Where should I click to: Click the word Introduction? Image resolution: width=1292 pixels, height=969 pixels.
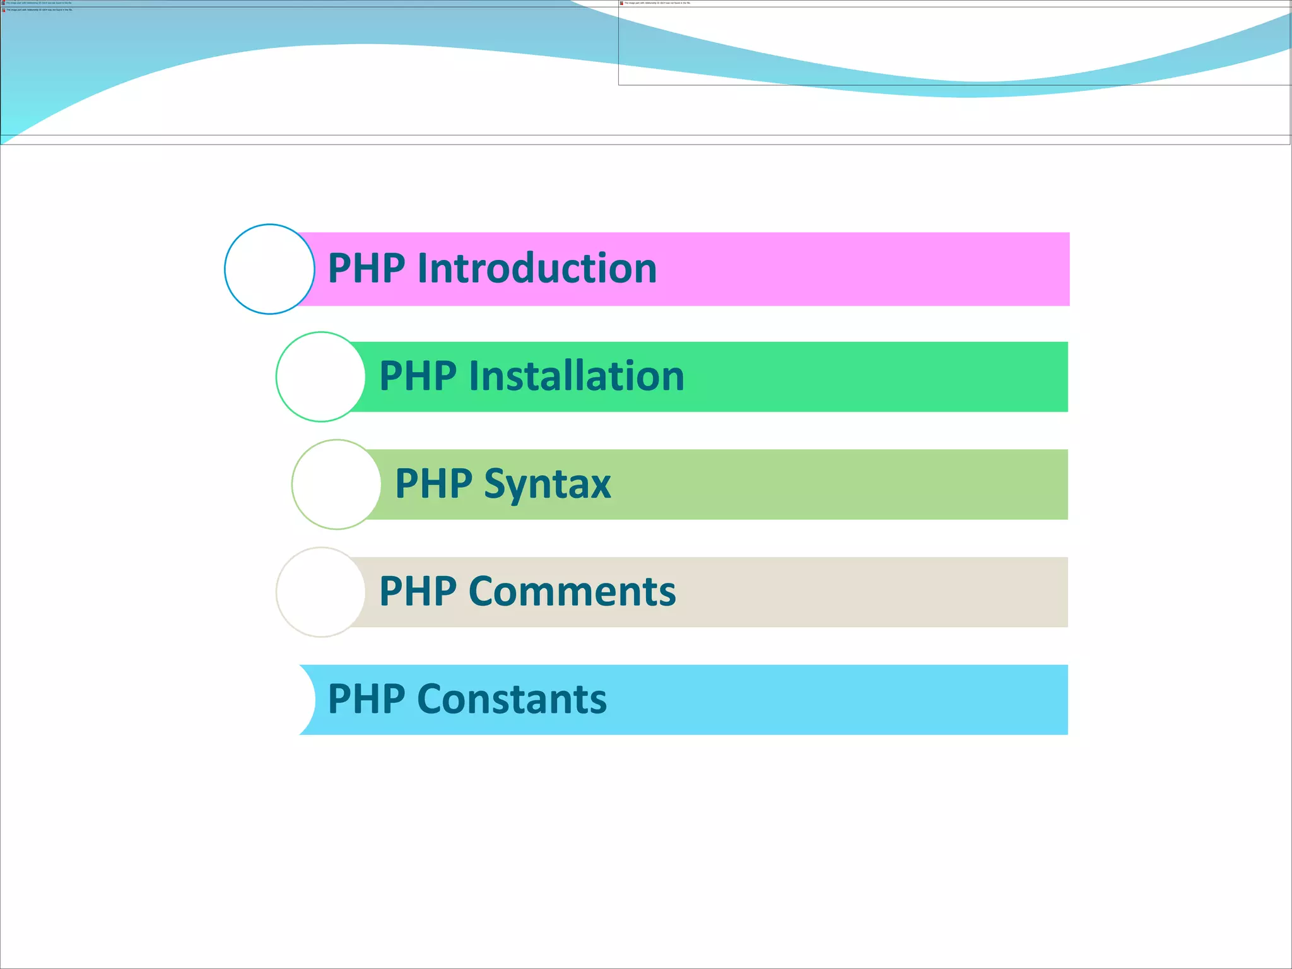[537, 268]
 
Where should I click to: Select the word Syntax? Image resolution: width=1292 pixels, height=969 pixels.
[547, 484]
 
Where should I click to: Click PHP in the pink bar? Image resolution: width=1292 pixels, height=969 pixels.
[367, 268]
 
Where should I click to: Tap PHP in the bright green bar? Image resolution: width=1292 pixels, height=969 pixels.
[418, 376]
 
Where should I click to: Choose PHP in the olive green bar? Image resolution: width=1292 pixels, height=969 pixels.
[433, 484]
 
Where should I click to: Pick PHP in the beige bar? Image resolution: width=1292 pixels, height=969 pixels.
[418, 592]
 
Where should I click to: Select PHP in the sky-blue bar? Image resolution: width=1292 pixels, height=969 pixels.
[367, 699]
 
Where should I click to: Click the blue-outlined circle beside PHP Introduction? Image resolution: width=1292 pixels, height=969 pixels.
[269, 269]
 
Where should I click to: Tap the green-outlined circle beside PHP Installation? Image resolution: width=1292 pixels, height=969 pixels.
[320, 377]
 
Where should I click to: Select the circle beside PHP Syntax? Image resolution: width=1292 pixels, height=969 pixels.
[336, 484]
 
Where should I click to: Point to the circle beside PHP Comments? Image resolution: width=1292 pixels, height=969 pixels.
[320, 592]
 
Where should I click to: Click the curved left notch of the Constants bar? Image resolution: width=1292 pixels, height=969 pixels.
[308, 700]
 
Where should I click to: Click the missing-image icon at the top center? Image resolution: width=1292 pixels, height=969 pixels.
[621, 3]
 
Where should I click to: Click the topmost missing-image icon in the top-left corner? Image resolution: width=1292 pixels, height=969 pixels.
[3, 3]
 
